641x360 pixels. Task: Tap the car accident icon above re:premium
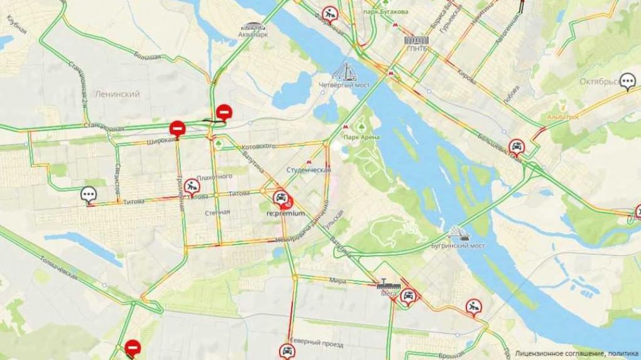(282, 198)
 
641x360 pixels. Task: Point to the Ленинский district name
(117, 94)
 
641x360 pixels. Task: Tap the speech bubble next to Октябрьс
(627, 81)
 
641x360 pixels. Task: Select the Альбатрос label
(563, 117)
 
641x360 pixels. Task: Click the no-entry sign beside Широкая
(177, 129)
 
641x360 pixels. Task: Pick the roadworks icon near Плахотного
(192, 185)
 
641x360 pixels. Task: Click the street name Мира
(337, 281)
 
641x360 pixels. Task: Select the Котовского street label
(258, 146)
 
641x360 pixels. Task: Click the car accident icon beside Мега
(409, 296)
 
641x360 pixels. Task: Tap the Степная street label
(217, 212)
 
